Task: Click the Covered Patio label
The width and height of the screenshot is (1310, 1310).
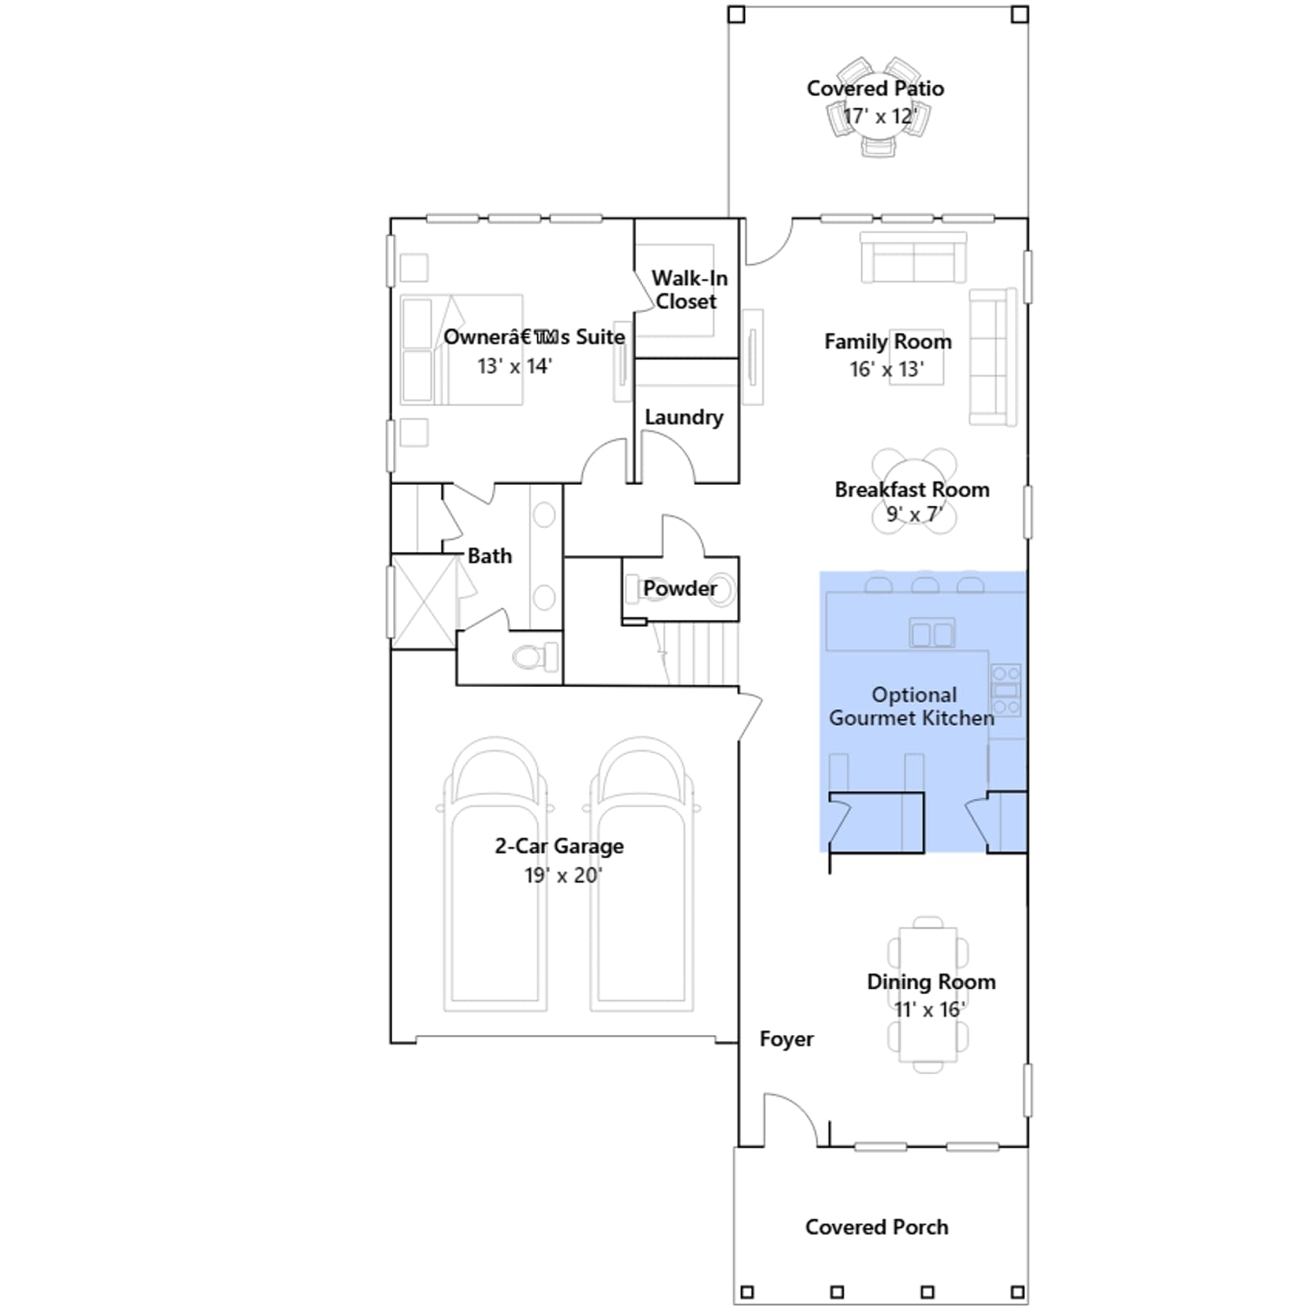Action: (x=875, y=88)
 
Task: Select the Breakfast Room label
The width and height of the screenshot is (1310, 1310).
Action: (x=912, y=490)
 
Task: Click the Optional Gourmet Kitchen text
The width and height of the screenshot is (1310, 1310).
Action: (x=912, y=707)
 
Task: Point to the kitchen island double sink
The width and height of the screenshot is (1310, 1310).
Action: (x=933, y=634)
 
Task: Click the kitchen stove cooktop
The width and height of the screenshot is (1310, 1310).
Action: (x=1006, y=690)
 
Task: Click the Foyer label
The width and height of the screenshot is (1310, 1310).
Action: (x=786, y=1039)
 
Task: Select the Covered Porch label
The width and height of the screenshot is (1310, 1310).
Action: (x=877, y=1226)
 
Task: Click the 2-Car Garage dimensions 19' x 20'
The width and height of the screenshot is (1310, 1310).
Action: (x=562, y=875)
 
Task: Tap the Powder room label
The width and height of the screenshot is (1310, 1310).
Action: (x=680, y=588)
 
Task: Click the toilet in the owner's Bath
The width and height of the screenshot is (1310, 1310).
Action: (x=535, y=657)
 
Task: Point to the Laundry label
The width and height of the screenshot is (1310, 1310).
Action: (x=684, y=417)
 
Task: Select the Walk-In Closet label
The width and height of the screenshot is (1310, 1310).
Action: (x=689, y=290)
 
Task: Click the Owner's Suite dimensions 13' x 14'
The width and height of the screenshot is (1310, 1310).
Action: (x=514, y=366)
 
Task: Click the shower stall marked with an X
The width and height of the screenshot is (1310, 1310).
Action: (x=424, y=602)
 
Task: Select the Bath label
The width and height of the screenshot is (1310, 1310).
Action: (x=490, y=556)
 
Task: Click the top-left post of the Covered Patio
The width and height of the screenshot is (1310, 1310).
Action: (x=736, y=15)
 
